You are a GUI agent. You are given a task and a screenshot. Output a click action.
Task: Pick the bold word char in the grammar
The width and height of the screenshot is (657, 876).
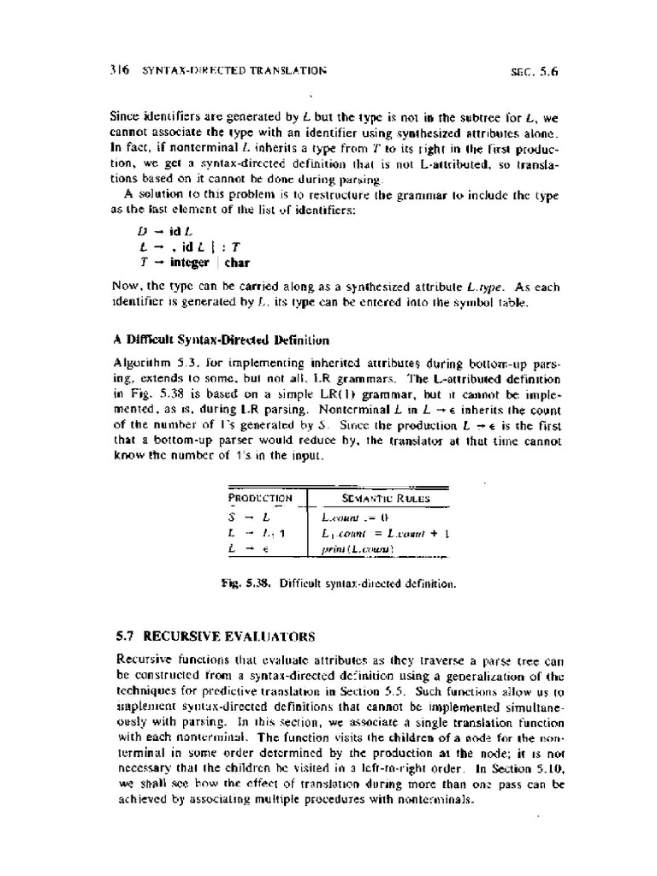click(236, 262)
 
